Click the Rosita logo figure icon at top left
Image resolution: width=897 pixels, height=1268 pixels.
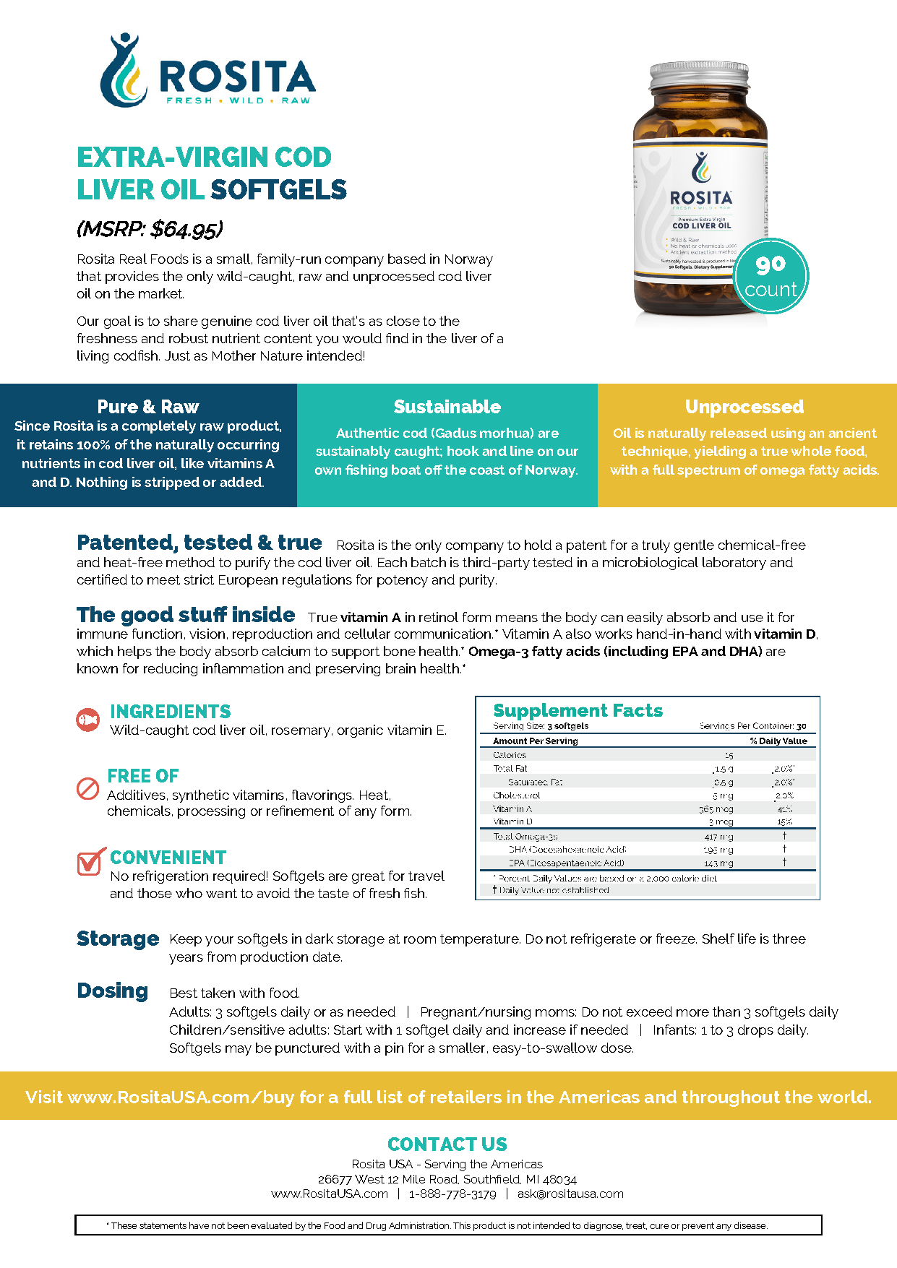(x=124, y=70)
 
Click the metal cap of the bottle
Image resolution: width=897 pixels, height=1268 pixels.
(x=700, y=77)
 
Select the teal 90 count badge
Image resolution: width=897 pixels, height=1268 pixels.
(x=771, y=277)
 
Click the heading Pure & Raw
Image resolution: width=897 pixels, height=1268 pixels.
(x=148, y=407)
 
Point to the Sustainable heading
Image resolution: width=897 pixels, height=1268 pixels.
(x=447, y=407)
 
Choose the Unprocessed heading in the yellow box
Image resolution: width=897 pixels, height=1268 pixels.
(x=744, y=407)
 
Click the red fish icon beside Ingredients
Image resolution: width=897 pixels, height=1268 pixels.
(x=88, y=720)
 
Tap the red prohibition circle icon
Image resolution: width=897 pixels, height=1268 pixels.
(x=87, y=788)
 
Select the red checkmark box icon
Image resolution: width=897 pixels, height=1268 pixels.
(x=90, y=862)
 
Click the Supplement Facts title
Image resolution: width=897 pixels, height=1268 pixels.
(x=578, y=710)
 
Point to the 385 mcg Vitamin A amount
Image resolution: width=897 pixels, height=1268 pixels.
(x=716, y=809)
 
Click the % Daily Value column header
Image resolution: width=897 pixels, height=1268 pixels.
(x=778, y=741)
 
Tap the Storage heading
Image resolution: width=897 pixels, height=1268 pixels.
(x=117, y=939)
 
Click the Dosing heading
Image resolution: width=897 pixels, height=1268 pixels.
(x=112, y=991)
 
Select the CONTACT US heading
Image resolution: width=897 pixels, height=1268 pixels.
(x=447, y=1144)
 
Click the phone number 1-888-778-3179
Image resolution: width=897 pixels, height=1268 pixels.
(x=452, y=1194)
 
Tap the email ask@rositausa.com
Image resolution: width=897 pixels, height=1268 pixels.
(x=570, y=1194)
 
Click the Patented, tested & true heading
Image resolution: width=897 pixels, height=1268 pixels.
(x=199, y=543)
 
